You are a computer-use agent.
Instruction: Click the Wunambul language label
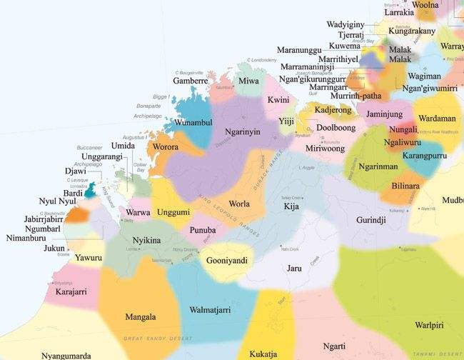click(x=189, y=123)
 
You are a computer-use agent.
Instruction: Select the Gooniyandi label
click(x=226, y=261)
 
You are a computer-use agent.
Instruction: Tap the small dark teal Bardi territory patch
click(x=90, y=191)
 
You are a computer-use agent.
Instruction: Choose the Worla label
click(x=239, y=204)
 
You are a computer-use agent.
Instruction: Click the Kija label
click(x=291, y=206)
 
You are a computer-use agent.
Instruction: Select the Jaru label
click(x=294, y=269)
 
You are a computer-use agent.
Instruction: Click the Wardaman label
click(x=434, y=118)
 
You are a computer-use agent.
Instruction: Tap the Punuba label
click(x=203, y=230)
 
